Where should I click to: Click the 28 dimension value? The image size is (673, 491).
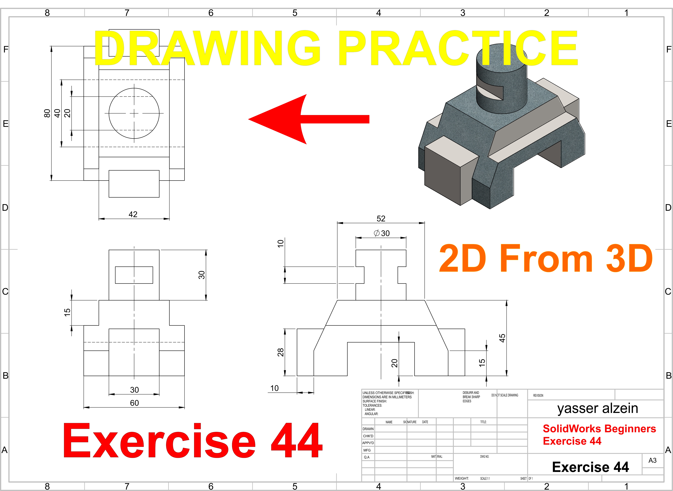click(281, 352)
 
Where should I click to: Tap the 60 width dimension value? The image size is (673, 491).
click(134, 403)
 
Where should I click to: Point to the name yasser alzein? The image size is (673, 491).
click(597, 408)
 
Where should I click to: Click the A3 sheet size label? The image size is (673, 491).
click(653, 460)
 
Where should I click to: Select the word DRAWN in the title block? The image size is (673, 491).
click(368, 429)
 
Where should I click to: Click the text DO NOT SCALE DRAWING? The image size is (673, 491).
click(505, 395)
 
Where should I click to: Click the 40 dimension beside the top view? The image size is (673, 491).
click(57, 113)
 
